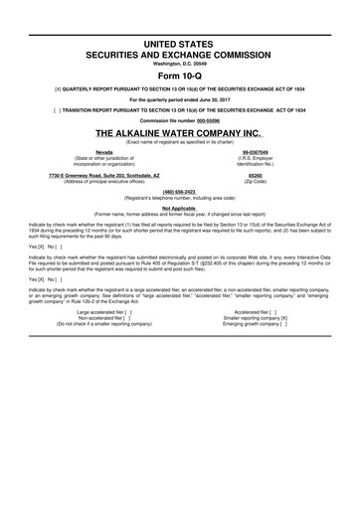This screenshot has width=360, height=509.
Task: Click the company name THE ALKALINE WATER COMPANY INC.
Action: coord(180,131)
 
